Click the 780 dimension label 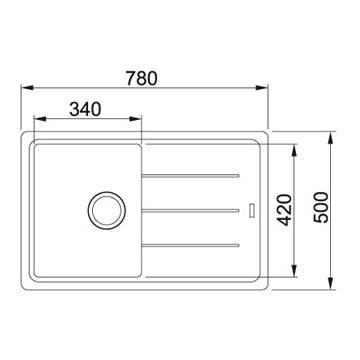(141, 79)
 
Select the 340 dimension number (85, 109)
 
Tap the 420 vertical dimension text (285, 210)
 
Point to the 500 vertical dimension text (321, 207)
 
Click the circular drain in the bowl (107, 210)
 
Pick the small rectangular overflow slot (253, 210)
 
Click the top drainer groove (190, 176)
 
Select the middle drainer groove (190, 210)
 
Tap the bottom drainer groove (190, 245)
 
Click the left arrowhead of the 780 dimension (27, 88)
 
